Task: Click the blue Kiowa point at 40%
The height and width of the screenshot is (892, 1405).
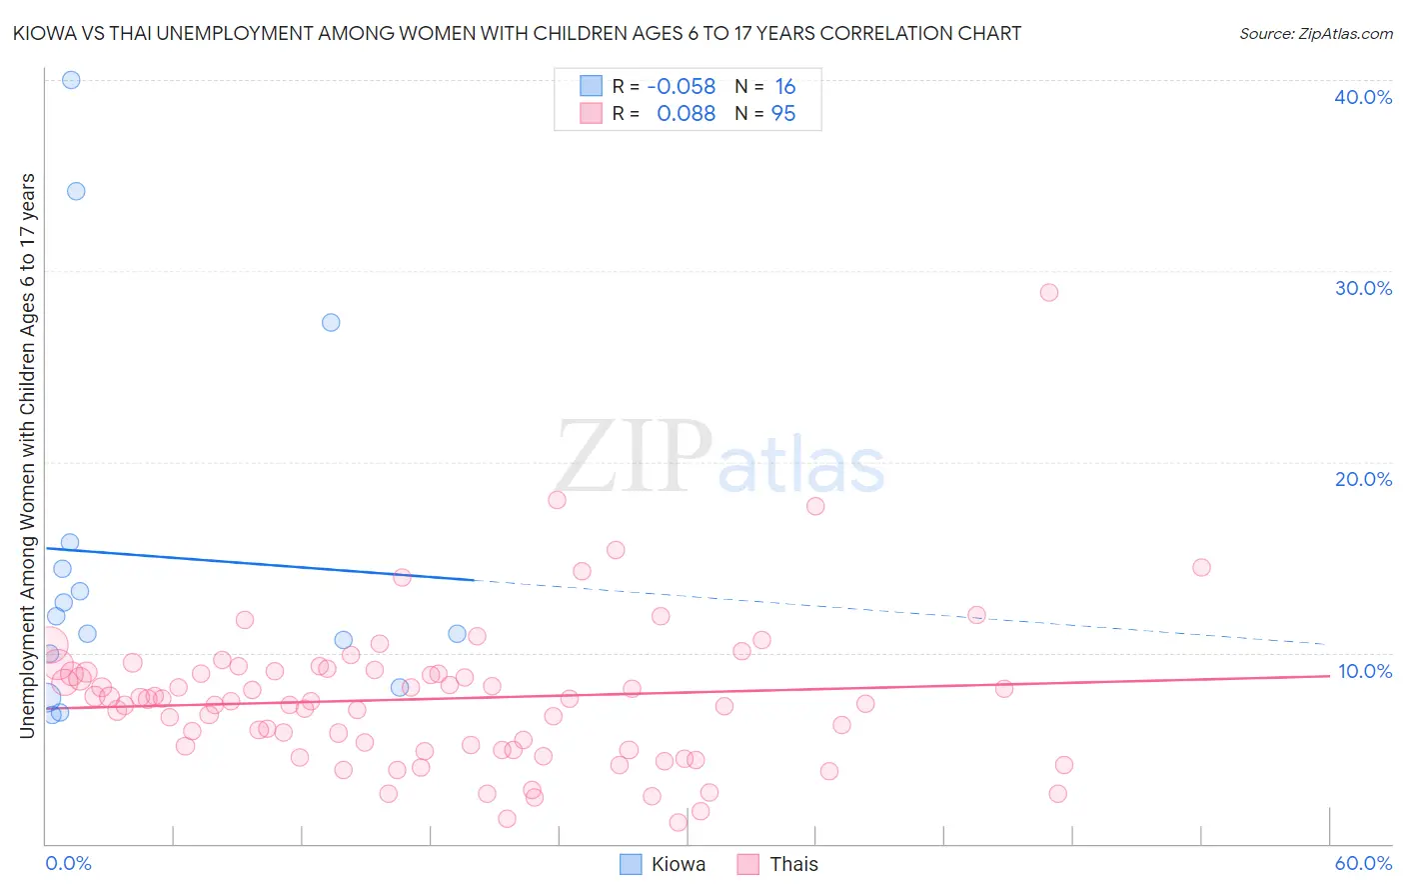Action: (71, 80)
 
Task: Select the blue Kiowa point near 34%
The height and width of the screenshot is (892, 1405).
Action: (76, 191)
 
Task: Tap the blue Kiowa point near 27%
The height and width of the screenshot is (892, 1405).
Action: (331, 322)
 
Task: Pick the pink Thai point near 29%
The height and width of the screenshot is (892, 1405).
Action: (1048, 292)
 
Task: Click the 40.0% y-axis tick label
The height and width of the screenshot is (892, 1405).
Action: (1363, 97)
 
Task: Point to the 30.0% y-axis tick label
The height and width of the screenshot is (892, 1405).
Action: (1363, 288)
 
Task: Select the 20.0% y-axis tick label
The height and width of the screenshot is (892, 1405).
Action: (1363, 479)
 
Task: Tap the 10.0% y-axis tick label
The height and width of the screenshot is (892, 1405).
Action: (1364, 671)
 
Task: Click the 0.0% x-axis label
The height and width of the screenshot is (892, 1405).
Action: (68, 863)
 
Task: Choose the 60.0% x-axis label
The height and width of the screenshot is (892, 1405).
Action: (1363, 863)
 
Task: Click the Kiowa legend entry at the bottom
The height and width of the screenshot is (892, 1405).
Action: (663, 864)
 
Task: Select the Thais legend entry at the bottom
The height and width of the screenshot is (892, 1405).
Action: (777, 864)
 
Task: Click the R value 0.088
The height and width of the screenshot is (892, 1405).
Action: (686, 114)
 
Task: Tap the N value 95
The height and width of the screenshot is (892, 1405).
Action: (783, 114)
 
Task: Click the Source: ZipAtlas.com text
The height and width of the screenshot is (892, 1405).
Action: (1315, 34)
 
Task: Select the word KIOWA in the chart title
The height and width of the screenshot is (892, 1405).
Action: (45, 34)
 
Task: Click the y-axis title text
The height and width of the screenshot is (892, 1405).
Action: (27, 456)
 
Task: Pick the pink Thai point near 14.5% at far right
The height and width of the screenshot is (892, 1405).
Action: (1201, 567)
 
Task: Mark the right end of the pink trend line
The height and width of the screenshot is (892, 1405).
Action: (1328, 676)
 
